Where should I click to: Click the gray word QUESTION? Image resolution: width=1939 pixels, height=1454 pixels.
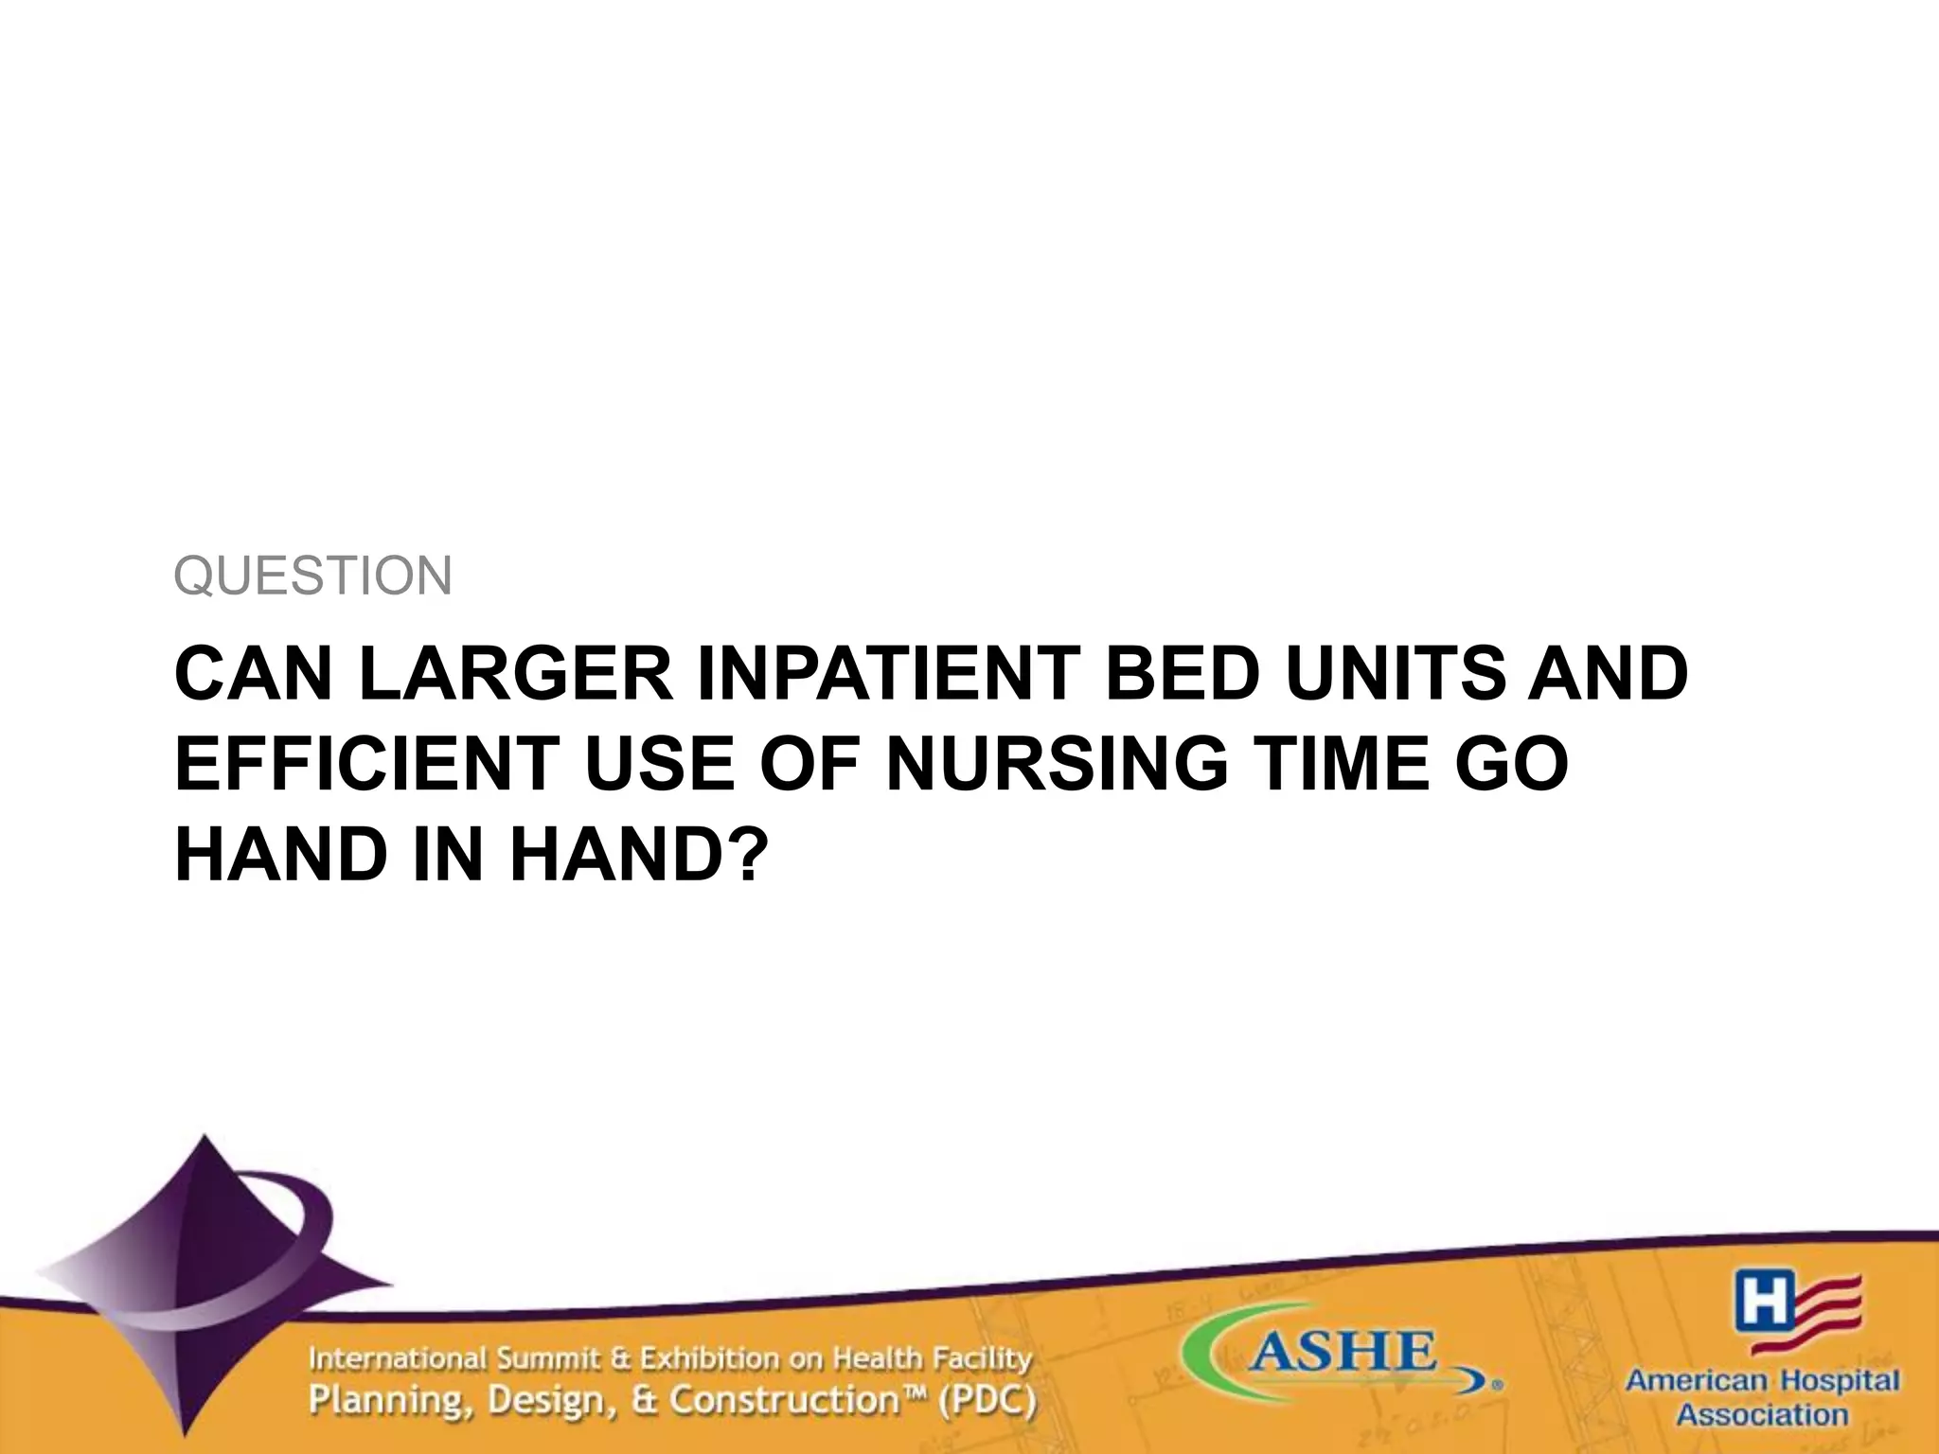click(x=313, y=576)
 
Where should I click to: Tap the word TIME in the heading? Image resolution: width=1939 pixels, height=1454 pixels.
click(x=1345, y=764)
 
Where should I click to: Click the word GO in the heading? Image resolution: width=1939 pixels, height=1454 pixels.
click(x=1515, y=764)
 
